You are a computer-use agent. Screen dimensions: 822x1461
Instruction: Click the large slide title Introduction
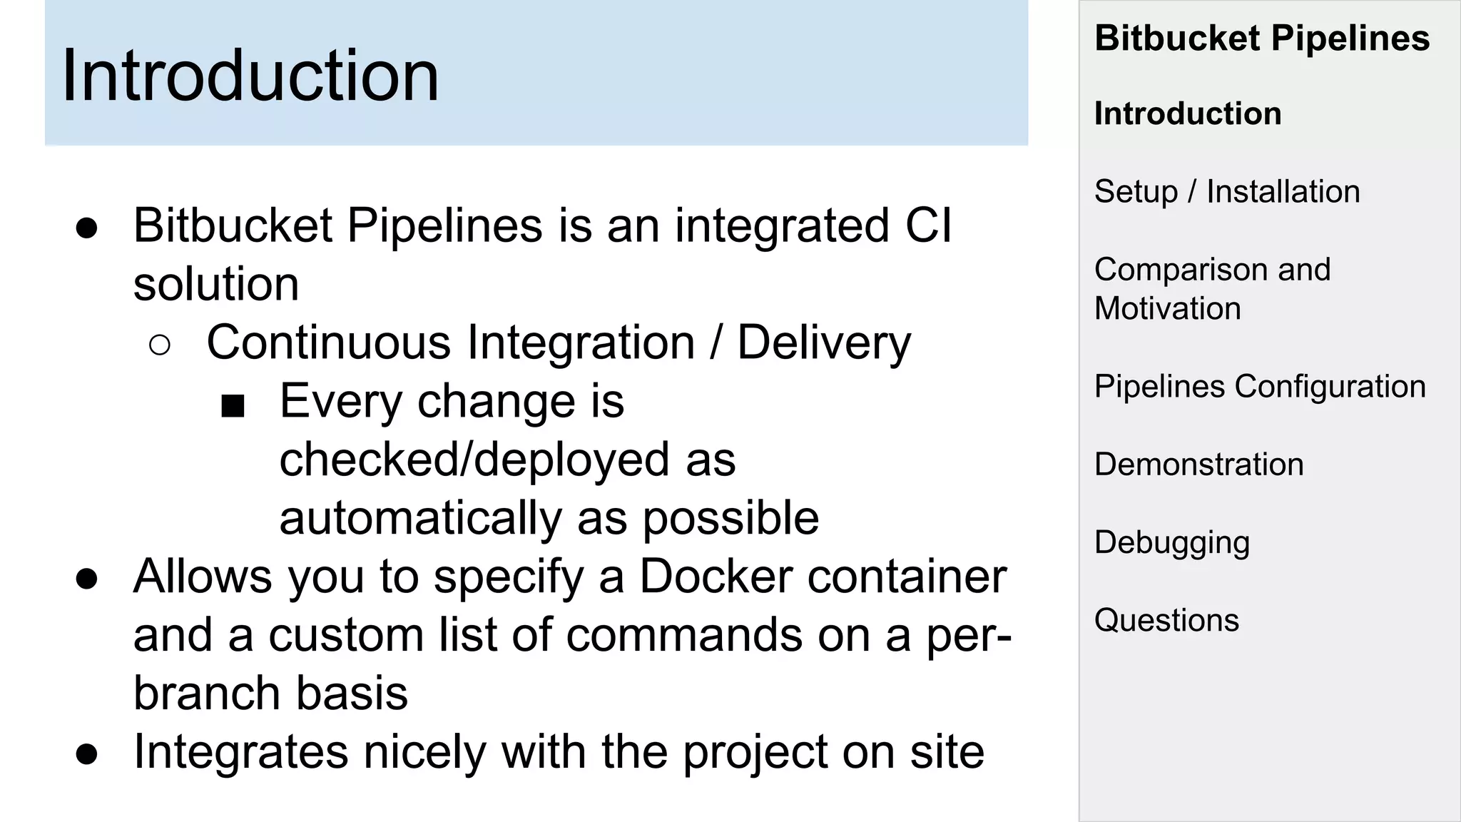pos(250,76)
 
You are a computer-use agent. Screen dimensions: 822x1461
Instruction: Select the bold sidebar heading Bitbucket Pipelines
pos(1262,38)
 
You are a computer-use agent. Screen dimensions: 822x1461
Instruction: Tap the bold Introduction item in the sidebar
pos(1188,113)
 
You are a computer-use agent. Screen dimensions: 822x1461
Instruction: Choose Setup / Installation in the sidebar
pos(1227,191)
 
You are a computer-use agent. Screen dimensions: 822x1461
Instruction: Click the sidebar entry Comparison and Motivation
pos(1212,288)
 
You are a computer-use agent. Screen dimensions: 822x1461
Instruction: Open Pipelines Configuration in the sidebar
pos(1260,386)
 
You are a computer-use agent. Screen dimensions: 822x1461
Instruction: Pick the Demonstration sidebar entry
pos(1198,464)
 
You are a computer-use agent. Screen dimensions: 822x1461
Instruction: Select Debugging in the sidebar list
pos(1172,542)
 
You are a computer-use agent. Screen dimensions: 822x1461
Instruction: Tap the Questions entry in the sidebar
pos(1166,620)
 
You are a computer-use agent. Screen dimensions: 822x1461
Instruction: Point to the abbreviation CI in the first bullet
pos(927,225)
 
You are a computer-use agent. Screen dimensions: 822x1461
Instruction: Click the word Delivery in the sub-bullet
pos(824,342)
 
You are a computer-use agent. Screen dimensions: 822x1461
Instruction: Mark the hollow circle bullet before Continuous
pos(160,345)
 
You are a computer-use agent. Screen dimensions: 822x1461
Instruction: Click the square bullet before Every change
pos(233,406)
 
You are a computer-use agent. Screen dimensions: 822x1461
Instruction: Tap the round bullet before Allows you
pos(86,579)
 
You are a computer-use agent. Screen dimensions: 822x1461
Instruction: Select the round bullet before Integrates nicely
pos(86,755)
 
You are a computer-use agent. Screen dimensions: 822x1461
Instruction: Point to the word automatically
pos(420,518)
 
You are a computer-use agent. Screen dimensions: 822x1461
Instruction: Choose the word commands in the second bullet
pos(683,634)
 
